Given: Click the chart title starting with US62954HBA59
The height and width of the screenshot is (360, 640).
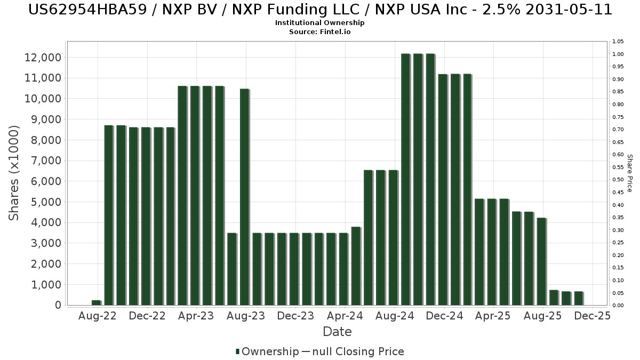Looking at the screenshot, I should click(x=320, y=9).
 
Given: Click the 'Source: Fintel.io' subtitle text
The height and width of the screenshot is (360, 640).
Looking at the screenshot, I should click(x=320, y=32).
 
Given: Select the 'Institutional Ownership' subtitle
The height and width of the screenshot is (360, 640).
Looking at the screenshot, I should click(x=320, y=23).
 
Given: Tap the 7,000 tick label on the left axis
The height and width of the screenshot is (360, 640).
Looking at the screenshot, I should click(x=46, y=161).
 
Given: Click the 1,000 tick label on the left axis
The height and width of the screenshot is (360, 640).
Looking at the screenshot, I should click(x=46, y=285).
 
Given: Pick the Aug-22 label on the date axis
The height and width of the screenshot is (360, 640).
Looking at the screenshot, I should click(x=97, y=316).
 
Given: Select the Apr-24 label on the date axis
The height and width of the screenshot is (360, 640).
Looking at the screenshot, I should click(x=345, y=316).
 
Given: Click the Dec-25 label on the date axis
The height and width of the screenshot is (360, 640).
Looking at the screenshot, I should click(x=592, y=316).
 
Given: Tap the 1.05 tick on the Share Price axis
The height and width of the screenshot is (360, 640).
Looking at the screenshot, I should click(x=618, y=42).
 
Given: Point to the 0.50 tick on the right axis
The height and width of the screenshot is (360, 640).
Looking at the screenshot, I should click(x=618, y=180).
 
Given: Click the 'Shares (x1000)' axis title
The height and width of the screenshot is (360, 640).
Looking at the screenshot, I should click(x=14, y=173).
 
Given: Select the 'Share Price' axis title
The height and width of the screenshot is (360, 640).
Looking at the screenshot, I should click(x=629, y=173).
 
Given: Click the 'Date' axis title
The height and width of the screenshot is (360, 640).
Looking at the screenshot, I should click(x=337, y=332).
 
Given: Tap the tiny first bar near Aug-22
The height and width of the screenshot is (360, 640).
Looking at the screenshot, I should click(x=96, y=302).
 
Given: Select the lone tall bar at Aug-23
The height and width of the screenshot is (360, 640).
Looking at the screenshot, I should click(x=244, y=197).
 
